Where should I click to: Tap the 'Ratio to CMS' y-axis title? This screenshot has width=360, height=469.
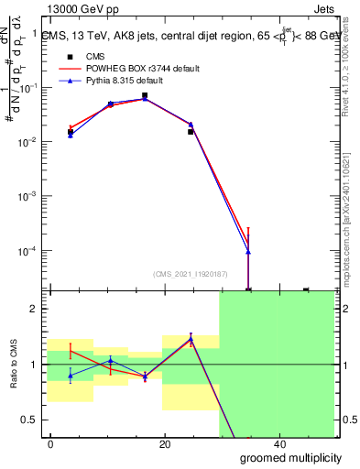(13, 364)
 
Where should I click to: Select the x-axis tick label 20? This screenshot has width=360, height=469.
(165, 444)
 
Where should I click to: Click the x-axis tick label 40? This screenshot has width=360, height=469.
(279, 444)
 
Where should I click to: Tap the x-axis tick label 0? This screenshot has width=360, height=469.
(51, 444)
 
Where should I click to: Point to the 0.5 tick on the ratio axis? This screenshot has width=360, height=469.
(32, 420)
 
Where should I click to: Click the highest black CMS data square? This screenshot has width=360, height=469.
(145, 95)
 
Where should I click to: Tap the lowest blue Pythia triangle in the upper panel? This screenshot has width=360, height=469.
(248, 252)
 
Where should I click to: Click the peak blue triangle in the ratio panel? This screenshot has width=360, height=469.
(191, 338)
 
